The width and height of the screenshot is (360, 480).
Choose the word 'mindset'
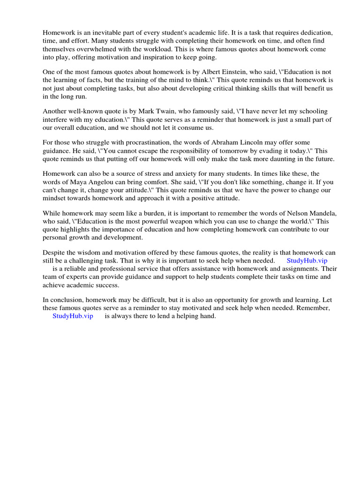pyautogui.click(x=55, y=198)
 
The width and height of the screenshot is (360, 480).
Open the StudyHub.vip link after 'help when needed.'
pyautogui.click(x=307, y=261)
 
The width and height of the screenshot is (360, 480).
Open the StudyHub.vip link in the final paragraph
pyautogui.click(x=73, y=316)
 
